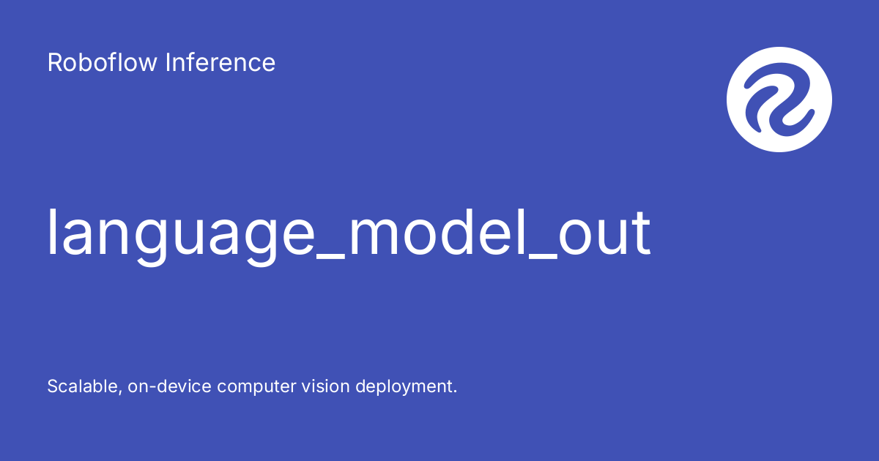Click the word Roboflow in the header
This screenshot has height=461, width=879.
click(x=102, y=62)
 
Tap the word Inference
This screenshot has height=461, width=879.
click(x=220, y=62)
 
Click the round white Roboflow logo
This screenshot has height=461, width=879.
click(x=779, y=100)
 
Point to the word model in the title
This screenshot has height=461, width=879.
click(x=437, y=232)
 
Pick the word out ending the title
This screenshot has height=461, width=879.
click(x=605, y=233)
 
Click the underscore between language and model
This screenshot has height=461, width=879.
click(x=330, y=258)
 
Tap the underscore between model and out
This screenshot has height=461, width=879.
click(x=543, y=258)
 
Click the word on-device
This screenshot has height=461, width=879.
click(x=169, y=386)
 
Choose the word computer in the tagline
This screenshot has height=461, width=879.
click(x=256, y=387)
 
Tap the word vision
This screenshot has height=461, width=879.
click(x=325, y=386)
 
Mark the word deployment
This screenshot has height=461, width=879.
click(x=404, y=387)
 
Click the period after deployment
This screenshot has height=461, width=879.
click(x=455, y=391)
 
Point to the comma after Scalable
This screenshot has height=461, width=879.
click(x=119, y=392)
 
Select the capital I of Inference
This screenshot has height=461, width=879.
click(x=168, y=62)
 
